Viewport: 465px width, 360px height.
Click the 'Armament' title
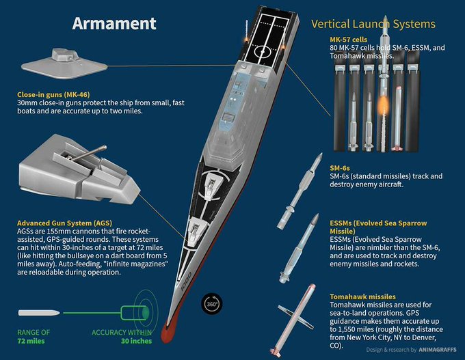click(114, 23)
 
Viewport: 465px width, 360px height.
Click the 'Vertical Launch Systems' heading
click(373, 24)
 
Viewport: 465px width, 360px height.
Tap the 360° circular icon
click(212, 304)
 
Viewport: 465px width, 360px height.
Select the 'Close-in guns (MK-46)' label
click(53, 94)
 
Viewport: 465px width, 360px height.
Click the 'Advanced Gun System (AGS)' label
click(65, 223)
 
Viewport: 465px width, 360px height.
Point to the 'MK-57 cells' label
click(349, 40)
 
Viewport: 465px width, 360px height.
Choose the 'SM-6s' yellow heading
click(340, 168)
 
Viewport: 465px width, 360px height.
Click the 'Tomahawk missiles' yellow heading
click(362, 296)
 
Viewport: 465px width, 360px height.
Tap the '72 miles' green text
click(31, 341)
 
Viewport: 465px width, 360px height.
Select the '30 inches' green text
click(136, 341)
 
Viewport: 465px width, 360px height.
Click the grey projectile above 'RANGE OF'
click(39, 313)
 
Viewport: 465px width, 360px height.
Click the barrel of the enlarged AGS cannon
click(90, 153)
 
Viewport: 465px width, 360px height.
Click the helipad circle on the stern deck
click(263, 52)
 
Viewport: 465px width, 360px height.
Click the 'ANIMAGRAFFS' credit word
click(438, 350)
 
